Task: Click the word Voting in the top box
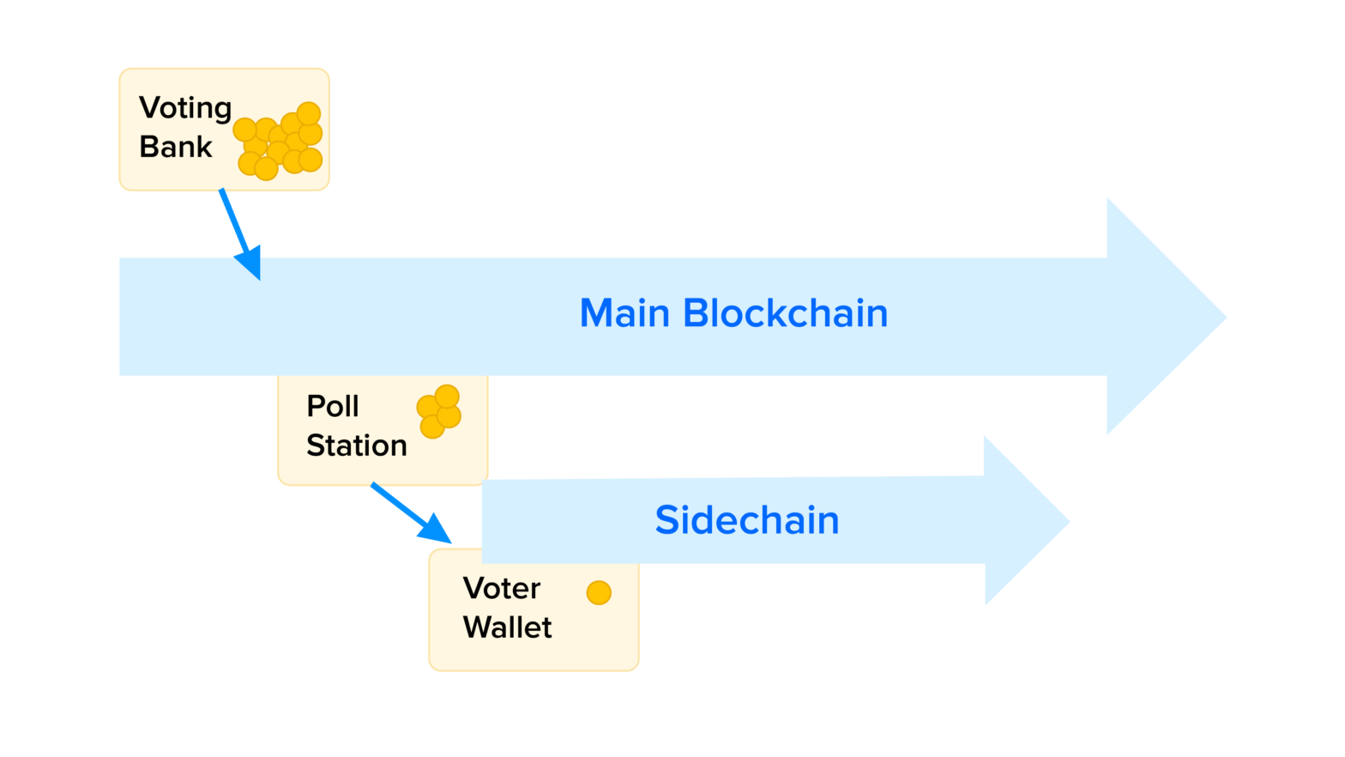pos(185,108)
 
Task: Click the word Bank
pos(175,147)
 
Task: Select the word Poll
pos(332,406)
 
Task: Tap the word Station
pos(356,445)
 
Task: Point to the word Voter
pos(501,589)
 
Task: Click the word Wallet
pos(507,627)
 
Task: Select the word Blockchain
pos(785,313)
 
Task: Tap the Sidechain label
pos(746,520)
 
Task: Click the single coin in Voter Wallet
pos(599,593)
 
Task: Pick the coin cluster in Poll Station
pos(439,412)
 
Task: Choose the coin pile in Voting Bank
pos(280,141)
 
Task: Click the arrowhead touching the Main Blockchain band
pos(250,262)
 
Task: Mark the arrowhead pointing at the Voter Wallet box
pos(436,529)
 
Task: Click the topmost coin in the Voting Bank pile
pos(308,113)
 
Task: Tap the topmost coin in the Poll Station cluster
pos(447,396)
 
